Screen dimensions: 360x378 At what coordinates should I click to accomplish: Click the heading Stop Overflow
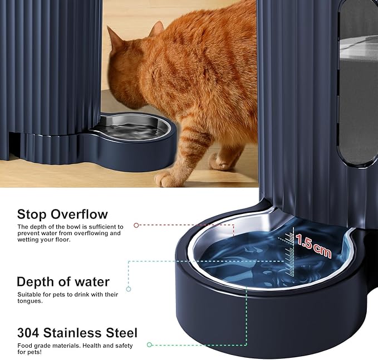[62, 214]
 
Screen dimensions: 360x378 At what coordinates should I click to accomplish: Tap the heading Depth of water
[63, 281]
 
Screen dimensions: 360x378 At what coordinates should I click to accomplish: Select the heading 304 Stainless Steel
[77, 333]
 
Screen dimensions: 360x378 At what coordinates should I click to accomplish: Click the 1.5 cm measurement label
[313, 246]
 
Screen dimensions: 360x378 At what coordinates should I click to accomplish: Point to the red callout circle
[136, 226]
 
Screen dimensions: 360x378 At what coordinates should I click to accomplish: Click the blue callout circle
[129, 289]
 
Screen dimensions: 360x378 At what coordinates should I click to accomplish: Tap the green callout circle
[149, 345]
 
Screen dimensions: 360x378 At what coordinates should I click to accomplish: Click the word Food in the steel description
[24, 346]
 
